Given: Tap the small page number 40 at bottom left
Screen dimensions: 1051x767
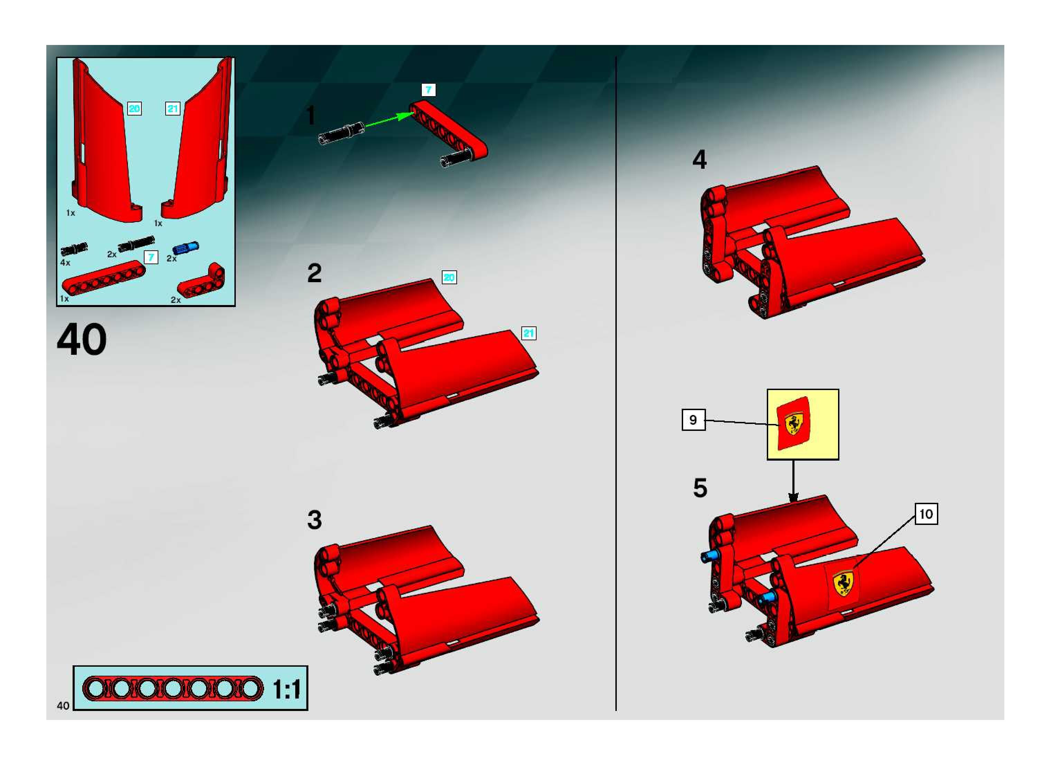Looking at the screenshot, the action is pyautogui.click(x=63, y=706).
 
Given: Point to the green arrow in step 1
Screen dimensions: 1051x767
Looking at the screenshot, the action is pyautogui.click(x=389, y=120).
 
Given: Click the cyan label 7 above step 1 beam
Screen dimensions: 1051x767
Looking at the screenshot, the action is pyautogui.click(x=428, y=90).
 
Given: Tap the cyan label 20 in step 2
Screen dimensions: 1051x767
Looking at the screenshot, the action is pyautogui.click(x=449, y=278).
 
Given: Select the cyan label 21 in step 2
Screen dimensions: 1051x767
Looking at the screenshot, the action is pyautogui.click(x=529, y=333).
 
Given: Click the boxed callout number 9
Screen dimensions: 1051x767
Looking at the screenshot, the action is pyautogui.click(x=693, y=420).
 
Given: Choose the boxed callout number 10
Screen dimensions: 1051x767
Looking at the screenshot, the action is pyautogui.click(x=926, y=514).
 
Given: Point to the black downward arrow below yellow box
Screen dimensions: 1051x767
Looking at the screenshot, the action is pyautogui.click(x=793, y=481).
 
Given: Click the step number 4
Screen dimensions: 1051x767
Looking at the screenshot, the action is pyautogui.click(x=700, y=159).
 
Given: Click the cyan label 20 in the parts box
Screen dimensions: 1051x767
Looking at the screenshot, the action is pyautogui.click(x=134, y=109).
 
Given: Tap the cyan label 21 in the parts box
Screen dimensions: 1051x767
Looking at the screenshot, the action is pyautogui.click(x=173, y=109).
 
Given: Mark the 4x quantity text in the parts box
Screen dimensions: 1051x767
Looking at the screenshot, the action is pyautogui.click(x=65, y=263).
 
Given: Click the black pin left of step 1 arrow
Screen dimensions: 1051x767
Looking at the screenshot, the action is pyautogui.click(x=341, y=131).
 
